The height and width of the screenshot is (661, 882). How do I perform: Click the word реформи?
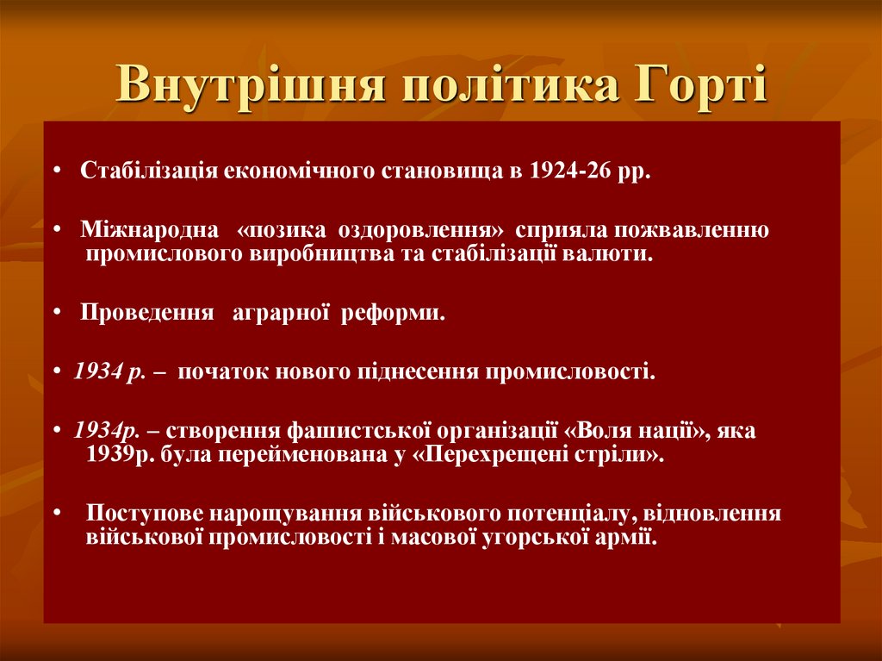[393, 313]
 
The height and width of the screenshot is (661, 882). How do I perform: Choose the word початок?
[223, 372]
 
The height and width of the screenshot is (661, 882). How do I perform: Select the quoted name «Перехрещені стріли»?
[539, 454]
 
